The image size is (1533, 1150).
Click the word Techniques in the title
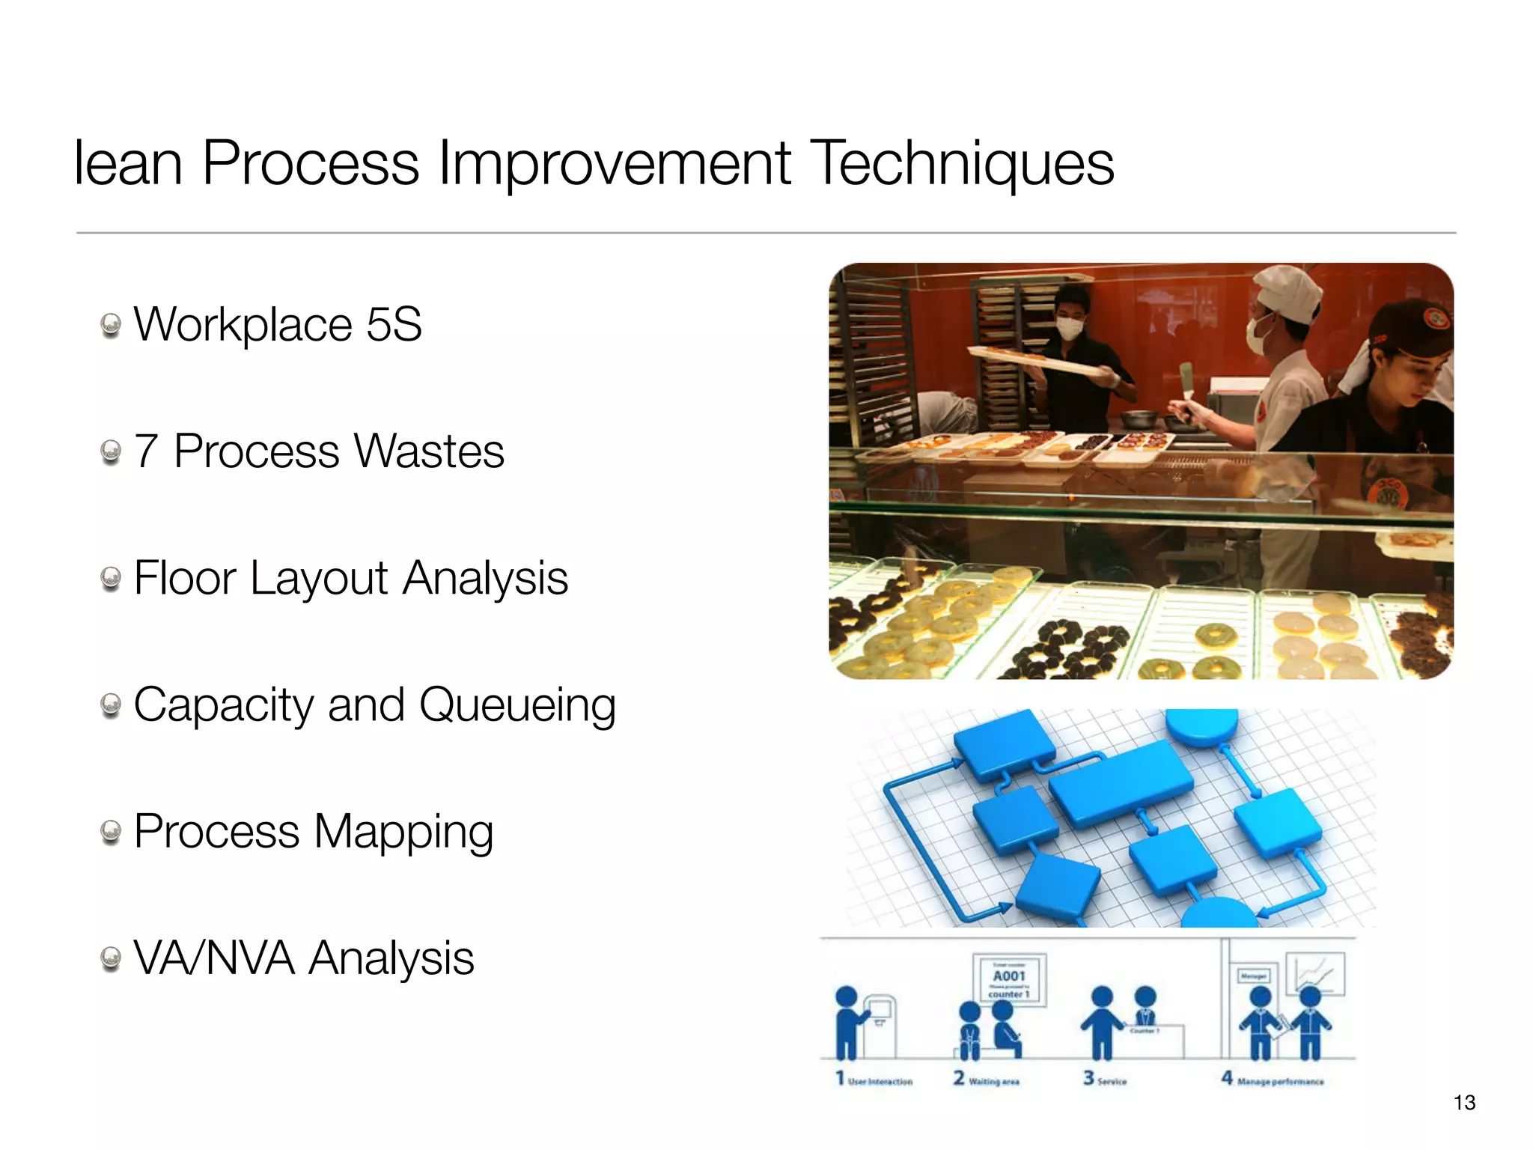(x=963, y=163)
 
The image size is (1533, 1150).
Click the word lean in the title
(x=128, y=163)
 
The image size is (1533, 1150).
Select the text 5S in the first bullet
(x=394, y=324)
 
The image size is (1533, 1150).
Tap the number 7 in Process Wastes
(x=146, y=451)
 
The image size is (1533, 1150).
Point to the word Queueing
(x=517, y=706)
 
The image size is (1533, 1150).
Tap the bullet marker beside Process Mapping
(x=111, y=832)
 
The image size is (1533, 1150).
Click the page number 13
(x=1463, y=1102)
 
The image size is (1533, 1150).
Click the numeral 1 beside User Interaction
(x=840, y=1078)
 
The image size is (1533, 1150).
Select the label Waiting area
(x=993, y=1082)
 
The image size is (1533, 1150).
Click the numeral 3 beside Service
(x=1088, y=1078)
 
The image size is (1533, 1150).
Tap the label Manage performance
(x=1280, y=1082)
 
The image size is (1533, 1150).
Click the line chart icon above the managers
(x=1315, y=973)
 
